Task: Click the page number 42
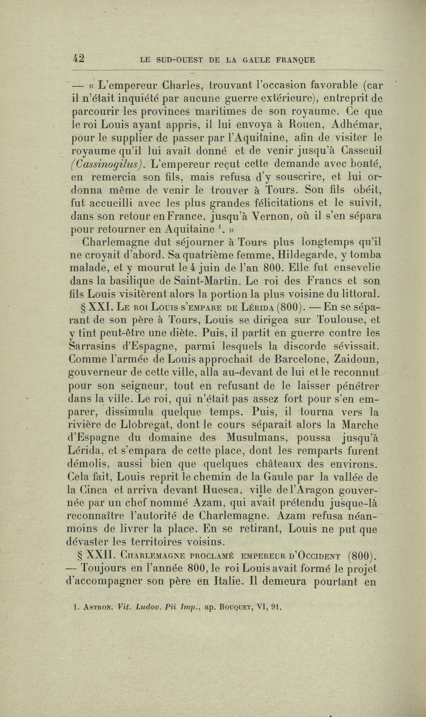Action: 78,58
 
